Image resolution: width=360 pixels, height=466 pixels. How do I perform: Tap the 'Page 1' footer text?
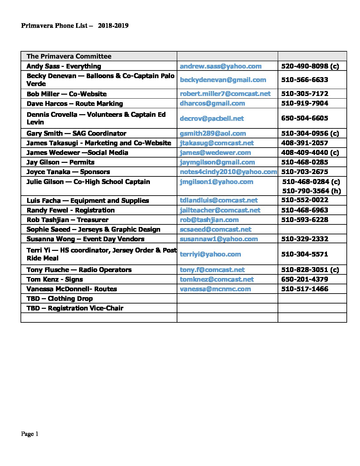(x=30, y=434)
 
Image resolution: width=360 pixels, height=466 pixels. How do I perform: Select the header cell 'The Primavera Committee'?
(x=69, y=56)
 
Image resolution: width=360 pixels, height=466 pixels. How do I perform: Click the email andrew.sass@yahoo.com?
(x=221, y=66)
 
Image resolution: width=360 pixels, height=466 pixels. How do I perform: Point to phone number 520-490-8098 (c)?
(x=310, y=66)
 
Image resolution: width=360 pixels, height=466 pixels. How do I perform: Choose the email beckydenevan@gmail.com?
(x=223, y=80)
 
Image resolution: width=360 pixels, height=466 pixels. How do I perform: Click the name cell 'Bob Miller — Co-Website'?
(x=67, y=94)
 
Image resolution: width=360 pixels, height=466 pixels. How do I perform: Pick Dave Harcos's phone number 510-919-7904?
(x=305, y=103)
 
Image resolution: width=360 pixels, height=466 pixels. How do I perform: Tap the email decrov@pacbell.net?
(x=212, y=118)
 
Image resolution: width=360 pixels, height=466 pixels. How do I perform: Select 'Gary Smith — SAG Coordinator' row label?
(x=76, y=133)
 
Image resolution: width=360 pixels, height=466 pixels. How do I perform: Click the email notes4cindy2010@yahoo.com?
(x=228, y=172)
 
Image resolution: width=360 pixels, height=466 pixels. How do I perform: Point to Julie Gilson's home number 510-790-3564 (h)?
(x=311, y=191)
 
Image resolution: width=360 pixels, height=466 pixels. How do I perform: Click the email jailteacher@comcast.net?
(x=220, y=210)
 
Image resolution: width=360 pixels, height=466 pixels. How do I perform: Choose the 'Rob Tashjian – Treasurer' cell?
(x=67, y=220)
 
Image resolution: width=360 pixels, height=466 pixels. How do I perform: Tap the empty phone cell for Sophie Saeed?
(x=312, y=229)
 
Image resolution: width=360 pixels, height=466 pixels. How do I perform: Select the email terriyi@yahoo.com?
(x=210, y=254)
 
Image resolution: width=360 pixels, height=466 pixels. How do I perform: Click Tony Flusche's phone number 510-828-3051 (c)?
(x=310, y=270)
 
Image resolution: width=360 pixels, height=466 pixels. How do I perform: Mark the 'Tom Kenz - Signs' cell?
(x=55, y=279)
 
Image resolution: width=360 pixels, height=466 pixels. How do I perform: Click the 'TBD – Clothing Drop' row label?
(x=60, y=299)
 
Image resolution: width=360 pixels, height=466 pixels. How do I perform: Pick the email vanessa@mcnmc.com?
(x=215, y=289)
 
